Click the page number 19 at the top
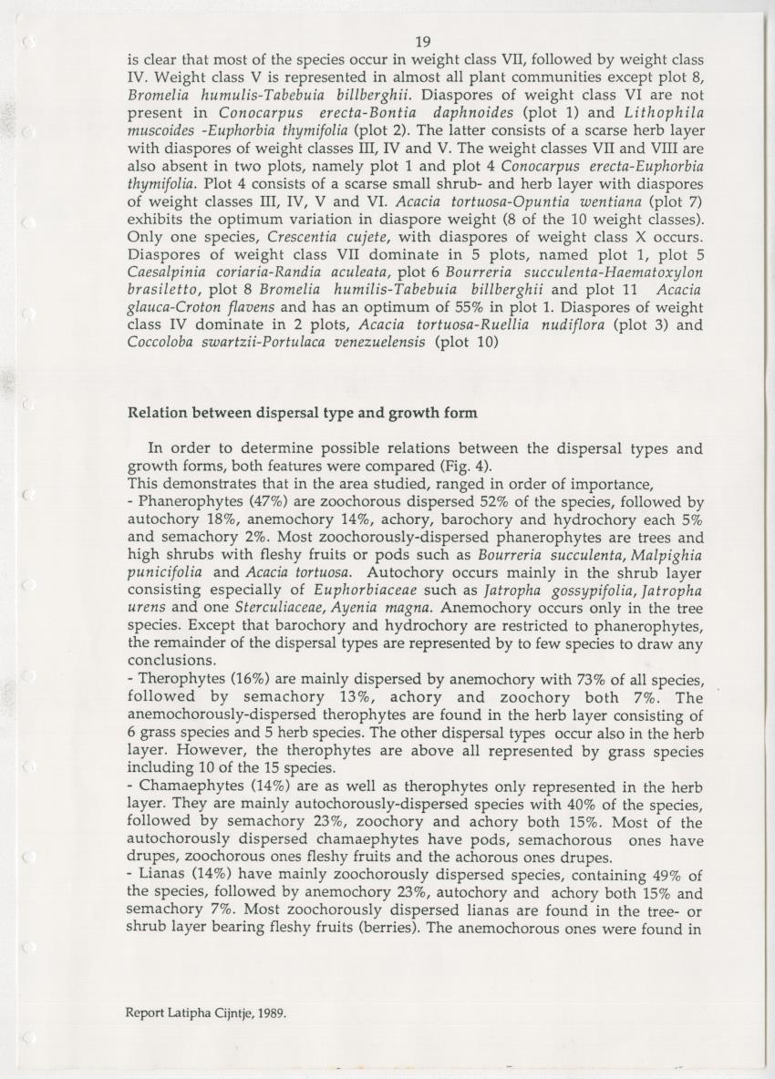pyautogui.click(x=421, y=41)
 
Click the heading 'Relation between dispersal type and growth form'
pyautogui.click(x=302, y=413)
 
